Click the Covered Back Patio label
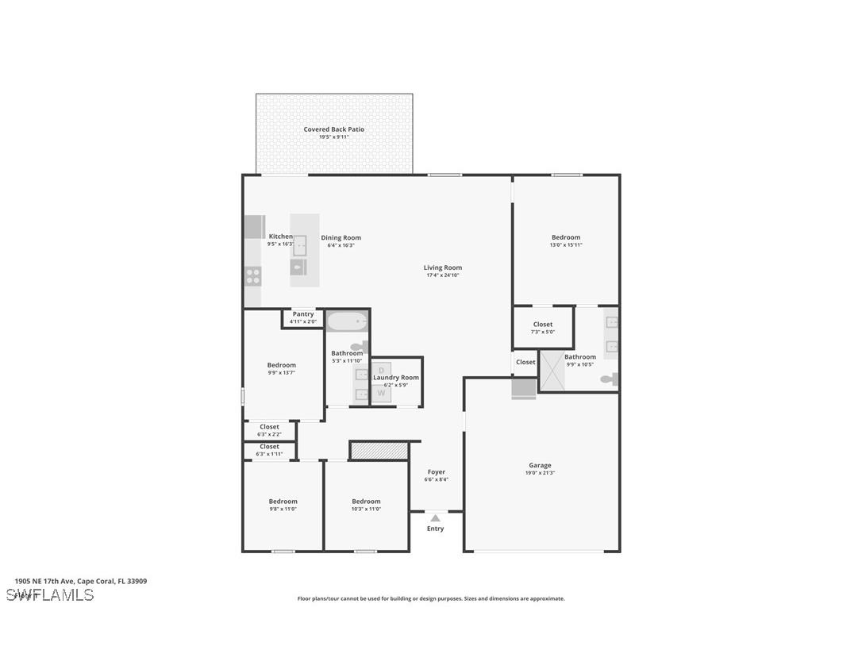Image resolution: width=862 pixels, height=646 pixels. (x=333, y=129)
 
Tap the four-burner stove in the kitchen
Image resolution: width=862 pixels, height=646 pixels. (x=252, y=276)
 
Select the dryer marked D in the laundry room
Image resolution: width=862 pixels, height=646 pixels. (x=381, y=371)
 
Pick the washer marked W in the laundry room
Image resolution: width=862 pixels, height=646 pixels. (x=381, y=392)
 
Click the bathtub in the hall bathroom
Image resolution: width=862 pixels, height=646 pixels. (x=348, y=321)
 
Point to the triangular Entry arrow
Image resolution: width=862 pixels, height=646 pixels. (x=435, y=518)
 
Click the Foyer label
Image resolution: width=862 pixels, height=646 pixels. (x=437, y=472)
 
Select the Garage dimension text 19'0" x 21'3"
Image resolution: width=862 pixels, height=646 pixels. (x=540, y=473)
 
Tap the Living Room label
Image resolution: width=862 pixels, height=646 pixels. (x=442, y=267)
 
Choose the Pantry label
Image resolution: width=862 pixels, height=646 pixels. (x=303, y=314)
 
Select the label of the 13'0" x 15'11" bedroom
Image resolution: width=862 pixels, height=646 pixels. (x=566, y=237)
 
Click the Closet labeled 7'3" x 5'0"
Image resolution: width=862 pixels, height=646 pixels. (x=543, y=325)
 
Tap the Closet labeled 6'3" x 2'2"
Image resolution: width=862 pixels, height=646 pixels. (x=269, y=427)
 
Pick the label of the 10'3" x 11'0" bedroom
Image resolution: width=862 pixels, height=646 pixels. (x=366, y=502)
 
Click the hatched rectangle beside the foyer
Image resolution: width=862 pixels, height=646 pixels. (x=379, y=451)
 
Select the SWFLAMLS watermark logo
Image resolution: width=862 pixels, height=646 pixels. (x=50, y=595)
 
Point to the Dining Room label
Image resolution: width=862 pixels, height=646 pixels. (x=341, y=237)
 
